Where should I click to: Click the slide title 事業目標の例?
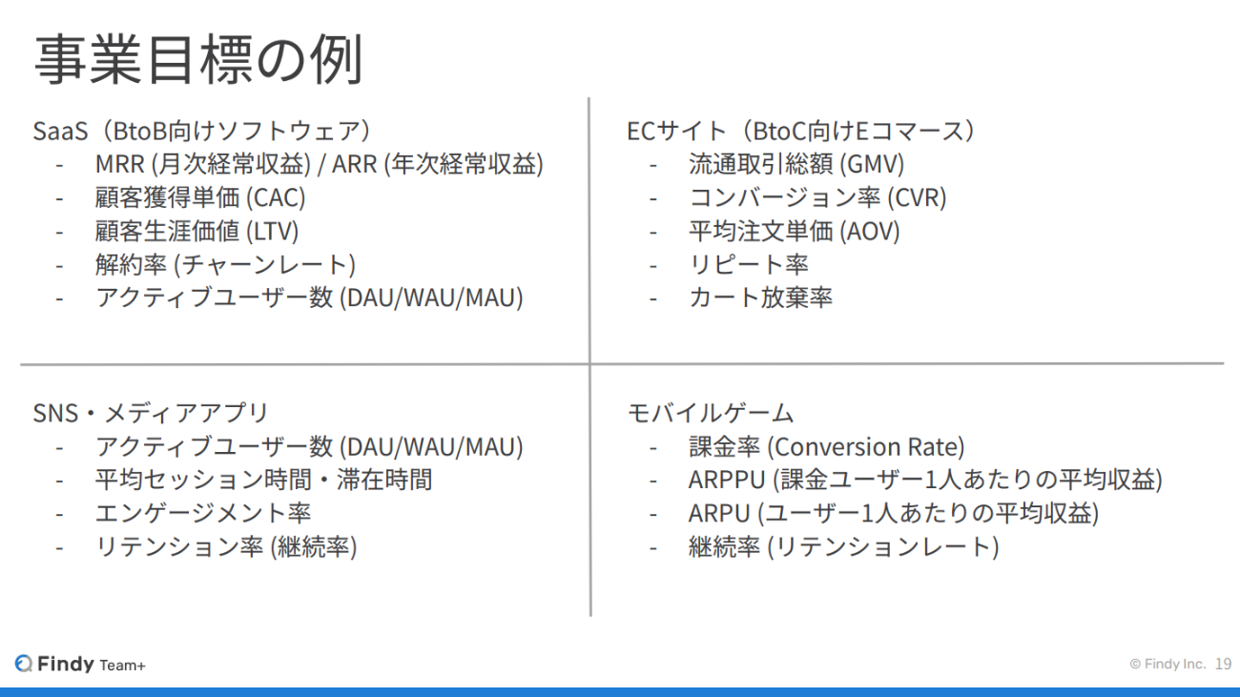tap(198, 59)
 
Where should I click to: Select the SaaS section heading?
tap(202, 131)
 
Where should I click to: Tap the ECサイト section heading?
tap(801, 131)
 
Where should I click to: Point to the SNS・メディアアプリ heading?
tap(151, 413)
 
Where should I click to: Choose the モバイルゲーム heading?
tap(711, 413)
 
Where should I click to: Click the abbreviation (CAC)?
tap(275, 198)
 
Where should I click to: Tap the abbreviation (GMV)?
tap(872, 164)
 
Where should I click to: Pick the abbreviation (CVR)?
tap(917, 198)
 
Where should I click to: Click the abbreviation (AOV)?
tap(870, 232)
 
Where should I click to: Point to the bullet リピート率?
tap(749, 264)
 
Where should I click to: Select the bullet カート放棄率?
tap(760, 297)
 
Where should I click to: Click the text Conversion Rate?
tap(866, 447)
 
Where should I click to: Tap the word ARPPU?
tap(726, 480)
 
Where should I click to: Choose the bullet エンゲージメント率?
tap(203, 513)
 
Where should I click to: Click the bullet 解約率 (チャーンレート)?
tap(225, 264)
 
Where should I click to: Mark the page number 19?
tap(1223, 664)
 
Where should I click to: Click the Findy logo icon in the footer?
tap(24, 664)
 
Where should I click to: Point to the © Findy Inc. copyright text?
tap(1168, 664)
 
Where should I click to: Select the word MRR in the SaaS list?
tap(119, 164)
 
